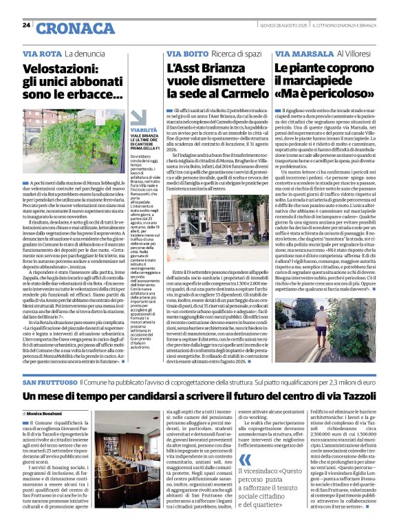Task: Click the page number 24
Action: coord(25,25)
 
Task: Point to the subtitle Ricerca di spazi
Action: coord(241,53)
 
